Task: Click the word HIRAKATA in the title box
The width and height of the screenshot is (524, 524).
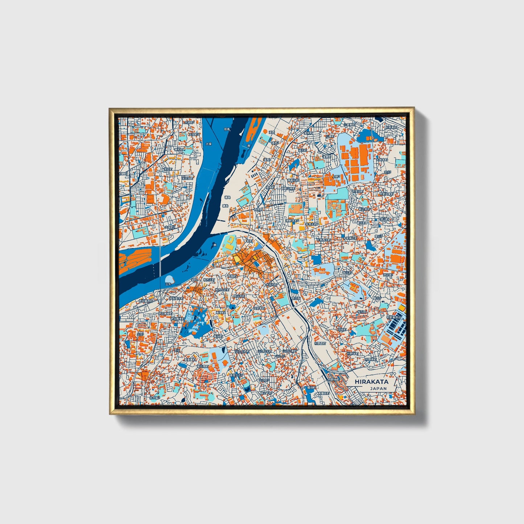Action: pos(371,381)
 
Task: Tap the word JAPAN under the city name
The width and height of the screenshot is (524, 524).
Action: pos(378,388)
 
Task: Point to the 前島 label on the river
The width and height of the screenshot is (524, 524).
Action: pos(227,129)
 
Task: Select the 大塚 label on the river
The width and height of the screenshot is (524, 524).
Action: pos(208,144)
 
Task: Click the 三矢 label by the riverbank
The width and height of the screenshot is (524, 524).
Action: pos(168,284)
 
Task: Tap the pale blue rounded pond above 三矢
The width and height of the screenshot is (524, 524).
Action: pos(169,279)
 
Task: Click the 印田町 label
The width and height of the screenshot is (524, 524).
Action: pos(342,330)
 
